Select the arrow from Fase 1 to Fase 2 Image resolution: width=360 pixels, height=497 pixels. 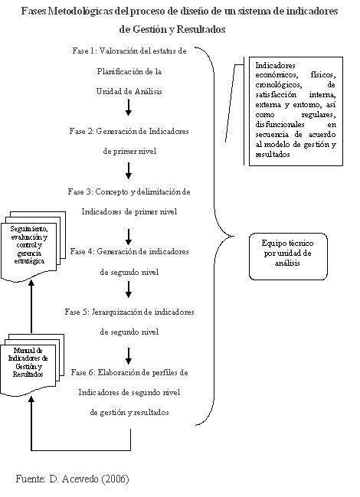click(129, 107)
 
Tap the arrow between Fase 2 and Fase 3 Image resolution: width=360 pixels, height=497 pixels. click(129, 171)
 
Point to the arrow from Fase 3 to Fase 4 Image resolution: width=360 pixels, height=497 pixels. click(129, 237)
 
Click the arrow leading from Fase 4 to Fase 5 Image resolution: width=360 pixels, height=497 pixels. click(129, 289)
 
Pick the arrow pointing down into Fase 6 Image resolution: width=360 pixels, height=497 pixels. click(129, 356)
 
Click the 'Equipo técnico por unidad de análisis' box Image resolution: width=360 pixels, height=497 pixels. click(288, 257)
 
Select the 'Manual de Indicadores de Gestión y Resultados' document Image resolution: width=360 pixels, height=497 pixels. click(32, 365)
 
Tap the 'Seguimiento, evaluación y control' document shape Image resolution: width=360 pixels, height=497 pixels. click(33, 247)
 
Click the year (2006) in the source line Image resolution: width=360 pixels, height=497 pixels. click(115, 479)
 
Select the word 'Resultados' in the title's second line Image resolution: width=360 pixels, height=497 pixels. click(201, 29)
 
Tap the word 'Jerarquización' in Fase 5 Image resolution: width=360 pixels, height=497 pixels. click(117, 312)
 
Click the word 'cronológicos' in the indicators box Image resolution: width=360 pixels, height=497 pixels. click(279, 85)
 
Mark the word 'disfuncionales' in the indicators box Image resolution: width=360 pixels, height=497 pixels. click(280, 125)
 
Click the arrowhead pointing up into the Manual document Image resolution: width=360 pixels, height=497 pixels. click(31, 400)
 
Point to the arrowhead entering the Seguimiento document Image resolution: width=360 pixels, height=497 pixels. click(31, 283)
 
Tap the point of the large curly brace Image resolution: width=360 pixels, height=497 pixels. click(234, 236)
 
